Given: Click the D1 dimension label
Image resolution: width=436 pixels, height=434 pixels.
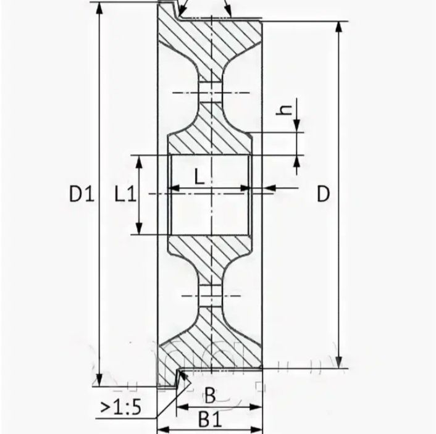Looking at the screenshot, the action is coord(82,194).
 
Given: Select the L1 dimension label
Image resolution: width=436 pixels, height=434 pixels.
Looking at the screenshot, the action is coord(125,194).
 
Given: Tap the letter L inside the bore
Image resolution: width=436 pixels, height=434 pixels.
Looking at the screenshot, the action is coord(199,177).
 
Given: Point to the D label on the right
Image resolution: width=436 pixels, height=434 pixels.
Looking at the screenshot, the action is coord(323,194).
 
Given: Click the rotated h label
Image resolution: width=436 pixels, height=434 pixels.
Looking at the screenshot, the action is coord(284,110).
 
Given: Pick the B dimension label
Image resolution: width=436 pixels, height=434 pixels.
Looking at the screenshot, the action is coord(210,396).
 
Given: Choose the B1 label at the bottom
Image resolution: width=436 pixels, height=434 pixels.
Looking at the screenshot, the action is coord(210,419).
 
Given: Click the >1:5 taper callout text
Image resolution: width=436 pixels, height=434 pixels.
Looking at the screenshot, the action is coord(120,407).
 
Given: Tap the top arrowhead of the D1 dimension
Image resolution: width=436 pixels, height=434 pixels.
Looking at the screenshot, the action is coord(99,10).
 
